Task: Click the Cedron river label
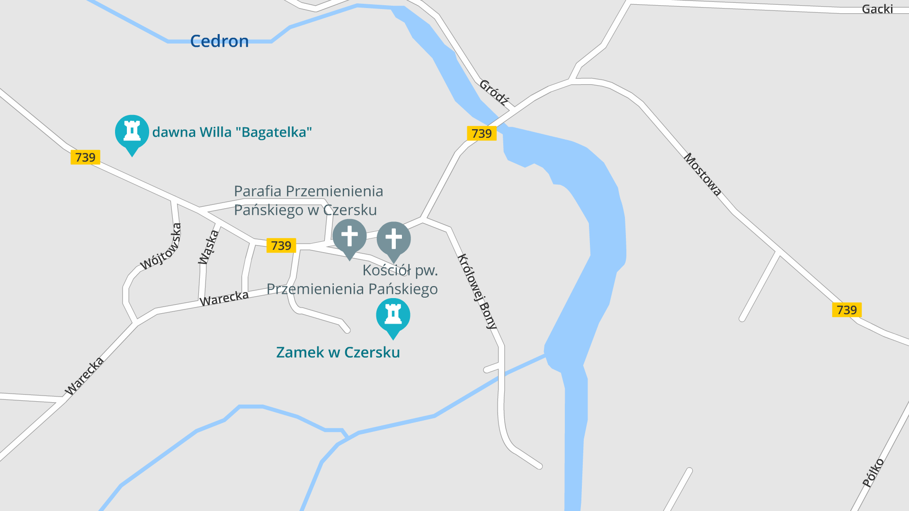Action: click(x=219, y=41)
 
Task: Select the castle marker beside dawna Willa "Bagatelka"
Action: click(x=132, y=132)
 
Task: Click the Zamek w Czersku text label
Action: click(x=338, y=352)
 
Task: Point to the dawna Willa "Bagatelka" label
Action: click(x=232, y=132)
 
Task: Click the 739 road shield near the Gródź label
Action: click(x=481, y=133)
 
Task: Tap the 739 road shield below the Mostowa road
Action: click(x=847, y=310)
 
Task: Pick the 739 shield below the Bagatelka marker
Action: click(x=85, y=157)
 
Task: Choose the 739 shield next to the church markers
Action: click(x=281, y=246)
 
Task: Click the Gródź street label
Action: click(x=494, y=92)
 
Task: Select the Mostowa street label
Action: click(x=703, y=174)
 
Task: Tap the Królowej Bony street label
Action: click(x=477, y=291)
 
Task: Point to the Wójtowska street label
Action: click(x=161, y=247)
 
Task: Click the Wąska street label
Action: click(x=208, y=247)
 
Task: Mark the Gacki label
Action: click(x=877, y=9)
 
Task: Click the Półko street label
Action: click(x=873, y=472)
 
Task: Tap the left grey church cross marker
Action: click(x=349, y=237)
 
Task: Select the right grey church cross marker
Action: click(x=393, y=239)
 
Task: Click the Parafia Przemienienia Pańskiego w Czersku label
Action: click(x=308, y=201)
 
